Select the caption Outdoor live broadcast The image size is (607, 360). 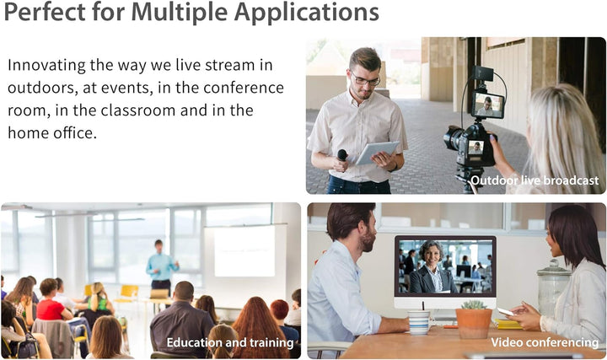click(534, 180)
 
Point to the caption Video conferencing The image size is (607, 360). click(545, 342)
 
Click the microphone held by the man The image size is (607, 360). click(342, 155)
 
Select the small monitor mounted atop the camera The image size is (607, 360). click(488, 105)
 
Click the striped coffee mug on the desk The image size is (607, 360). click(419, 321)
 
